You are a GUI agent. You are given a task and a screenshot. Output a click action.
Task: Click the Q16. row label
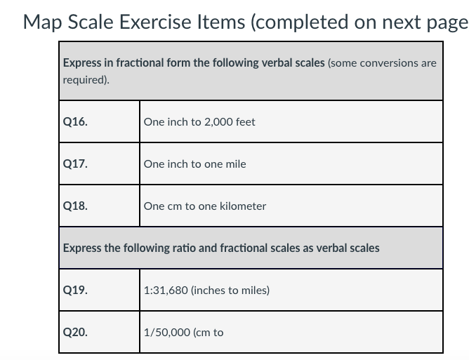(75, 122)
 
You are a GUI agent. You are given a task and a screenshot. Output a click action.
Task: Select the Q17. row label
(75, 164)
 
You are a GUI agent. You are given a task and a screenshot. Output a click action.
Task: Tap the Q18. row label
(75, 206)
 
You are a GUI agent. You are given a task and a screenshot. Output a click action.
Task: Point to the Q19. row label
(75, 291)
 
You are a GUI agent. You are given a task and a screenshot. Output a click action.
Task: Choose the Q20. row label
(75, 333)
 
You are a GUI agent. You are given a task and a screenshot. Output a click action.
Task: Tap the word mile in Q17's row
(235, 164)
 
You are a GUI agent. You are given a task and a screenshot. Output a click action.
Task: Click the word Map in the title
(46, 22)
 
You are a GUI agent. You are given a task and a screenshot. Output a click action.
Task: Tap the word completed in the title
(310, 22)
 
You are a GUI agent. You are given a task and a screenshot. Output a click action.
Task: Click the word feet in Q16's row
(245, 122)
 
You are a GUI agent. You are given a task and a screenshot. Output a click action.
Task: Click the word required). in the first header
(86, 80)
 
